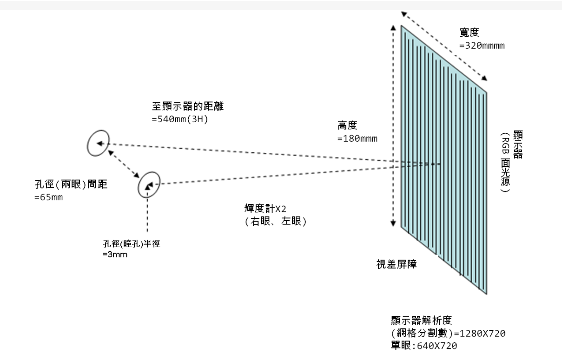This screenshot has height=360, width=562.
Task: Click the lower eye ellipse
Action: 149,185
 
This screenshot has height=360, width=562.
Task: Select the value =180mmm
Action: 357,138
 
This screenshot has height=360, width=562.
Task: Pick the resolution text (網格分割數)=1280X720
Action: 449,334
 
